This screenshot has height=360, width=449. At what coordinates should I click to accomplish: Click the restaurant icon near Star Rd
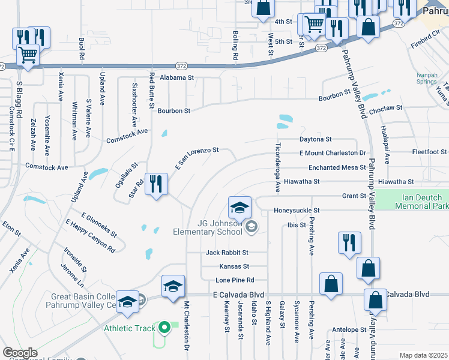(x=156, y=185)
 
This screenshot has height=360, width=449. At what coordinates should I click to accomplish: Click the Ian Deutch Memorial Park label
(x=421, y=201)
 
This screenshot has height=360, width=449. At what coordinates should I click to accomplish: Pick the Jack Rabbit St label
(x=227, y=253)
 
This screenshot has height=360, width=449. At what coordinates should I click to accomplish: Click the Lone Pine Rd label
(x=235, y=280)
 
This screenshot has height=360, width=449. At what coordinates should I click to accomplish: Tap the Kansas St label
(x=234, y=266)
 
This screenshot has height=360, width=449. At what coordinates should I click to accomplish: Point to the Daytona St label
(x=316, y=139)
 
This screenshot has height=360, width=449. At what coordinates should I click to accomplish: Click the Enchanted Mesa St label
(x=337, y=167)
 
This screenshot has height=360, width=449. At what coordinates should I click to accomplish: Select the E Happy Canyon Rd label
(x=91, y=233)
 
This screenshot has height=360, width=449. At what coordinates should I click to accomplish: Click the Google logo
(x=20, y=353)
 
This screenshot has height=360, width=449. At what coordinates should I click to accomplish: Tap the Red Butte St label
(x=152, y=86)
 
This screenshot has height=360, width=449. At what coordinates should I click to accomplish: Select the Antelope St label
(x=349, y=329)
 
